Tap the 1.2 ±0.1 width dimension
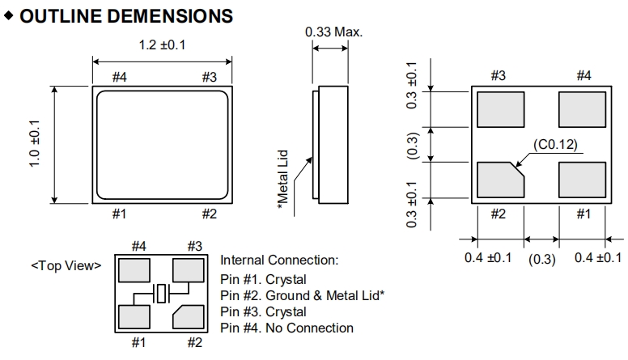click(163, 44)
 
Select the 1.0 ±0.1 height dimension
click(34, 146)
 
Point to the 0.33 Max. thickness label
click(333, 32)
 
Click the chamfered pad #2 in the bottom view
click(500, 180)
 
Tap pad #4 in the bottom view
click(582, 109)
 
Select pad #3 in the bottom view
click(500, 109)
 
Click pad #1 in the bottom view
click(582, 180)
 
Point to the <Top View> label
click(66, 265)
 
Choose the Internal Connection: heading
click(279, 260)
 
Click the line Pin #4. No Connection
click(286, 328)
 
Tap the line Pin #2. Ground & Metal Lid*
click(302, 295)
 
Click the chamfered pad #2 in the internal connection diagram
click(188, 317)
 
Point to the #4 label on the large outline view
click(119, 77)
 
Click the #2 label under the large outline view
click(209, 214)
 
